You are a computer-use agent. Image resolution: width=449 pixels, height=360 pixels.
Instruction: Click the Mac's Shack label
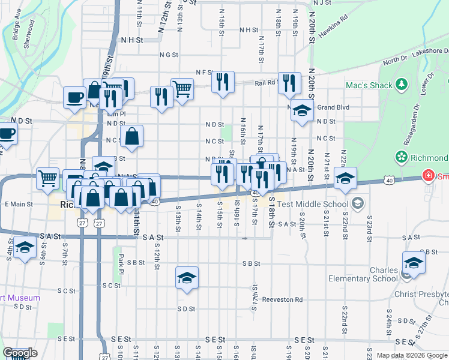pyautogui.click(x=369, y=85)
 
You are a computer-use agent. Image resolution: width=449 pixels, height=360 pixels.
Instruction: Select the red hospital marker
pyautogui.click(x=427, y=176)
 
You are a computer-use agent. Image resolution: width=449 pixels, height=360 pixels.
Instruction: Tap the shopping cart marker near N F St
pyautogui.click(x=182, y=89)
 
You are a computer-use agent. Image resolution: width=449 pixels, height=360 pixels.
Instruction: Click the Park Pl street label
pyautogui.click(x=121, y=261)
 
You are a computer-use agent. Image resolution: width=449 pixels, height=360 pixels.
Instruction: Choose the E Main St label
pyautogui.click(x=19, y=205)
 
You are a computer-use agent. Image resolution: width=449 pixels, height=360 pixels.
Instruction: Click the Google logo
pyautogui.click(x=20, y=353)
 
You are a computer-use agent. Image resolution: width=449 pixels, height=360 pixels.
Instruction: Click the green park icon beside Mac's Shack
pyautogui.click(x=401, y=85)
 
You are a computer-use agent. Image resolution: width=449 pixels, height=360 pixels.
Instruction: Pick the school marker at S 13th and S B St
pyautogui.click(x=187, y=278)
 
